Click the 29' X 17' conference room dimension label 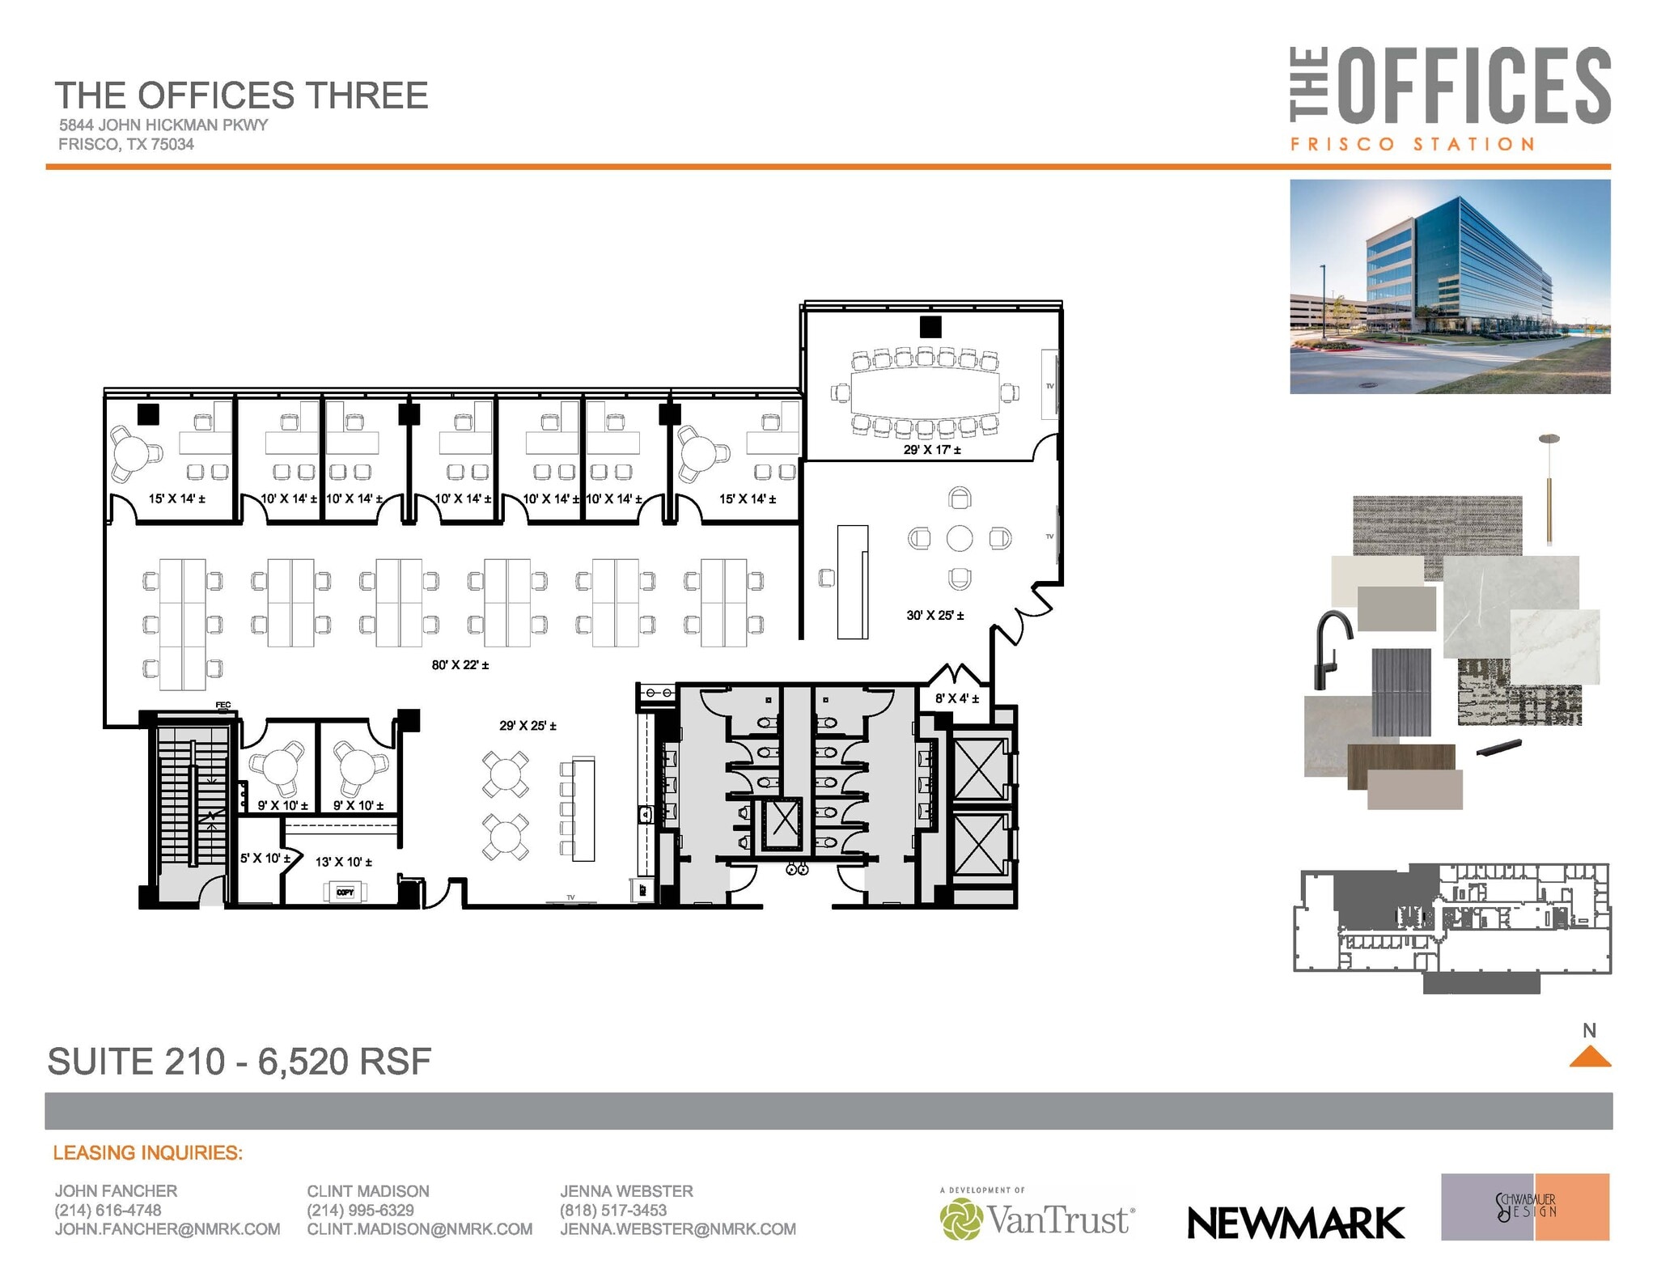[x=931, y=450]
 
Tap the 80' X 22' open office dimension [x=460, y=665]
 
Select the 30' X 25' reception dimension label [x=934, y=616]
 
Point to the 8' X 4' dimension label [x=957, y=698]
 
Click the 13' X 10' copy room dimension [x=343, y=863]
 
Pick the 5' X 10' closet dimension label [x=265, y=858]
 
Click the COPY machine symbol [x=345, y=893]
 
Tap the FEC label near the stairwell [x=223, y=706]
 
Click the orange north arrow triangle [x=1589, y=1057]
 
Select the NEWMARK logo [x=1295, y=1224]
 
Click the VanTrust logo [x=1037, y=1219]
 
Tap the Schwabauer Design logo [x=1524, y=1207]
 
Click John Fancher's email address [x=167, y=1229]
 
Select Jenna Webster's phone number [x=612, y=1211]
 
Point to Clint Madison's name [x=367, y=1191]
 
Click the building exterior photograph [x=1449, y=286]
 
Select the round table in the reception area [x=959, y=538]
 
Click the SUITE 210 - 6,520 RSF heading [x=239, y=1062]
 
